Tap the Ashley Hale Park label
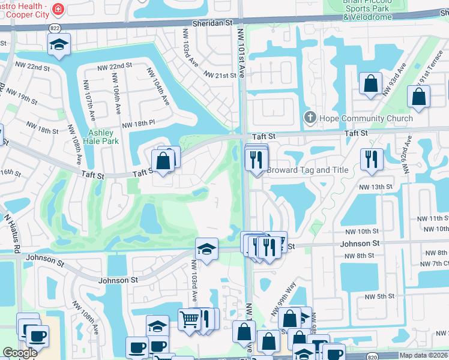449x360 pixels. click(x=103, y=137)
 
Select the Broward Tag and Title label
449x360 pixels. click(x=307, y=170)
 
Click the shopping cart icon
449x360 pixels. click(x=189, y=319)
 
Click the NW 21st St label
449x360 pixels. click(x=220, y=75)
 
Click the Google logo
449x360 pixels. click(x=20, y=353)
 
